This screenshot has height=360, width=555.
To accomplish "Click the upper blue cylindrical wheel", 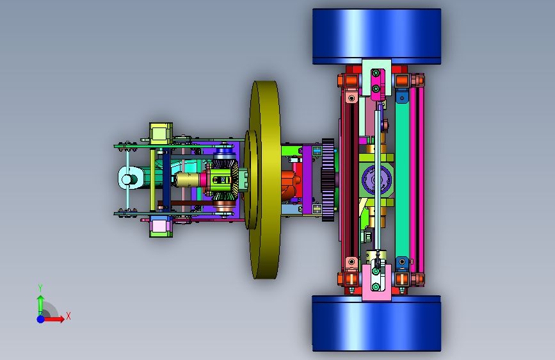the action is pyautogui.click(x=376, y=36).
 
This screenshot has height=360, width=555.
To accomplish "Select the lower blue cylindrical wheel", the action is pyautogui.click(x=376, y=323).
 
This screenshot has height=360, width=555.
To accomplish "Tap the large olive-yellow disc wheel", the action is pyautogui.click(x=265, y=179).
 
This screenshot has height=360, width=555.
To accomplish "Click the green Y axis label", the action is pyautogui.click(x=40, y=288).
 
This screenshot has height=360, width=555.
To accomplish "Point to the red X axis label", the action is pyautogui.click(x=68, y=316).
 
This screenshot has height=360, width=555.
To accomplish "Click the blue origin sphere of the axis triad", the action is pyautogui.click(x=41, y=319).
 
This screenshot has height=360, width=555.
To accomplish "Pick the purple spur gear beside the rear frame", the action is pyautogui.click(x=328, y=180).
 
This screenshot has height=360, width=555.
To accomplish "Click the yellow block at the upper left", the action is pyautogui.click(x=161, y=134).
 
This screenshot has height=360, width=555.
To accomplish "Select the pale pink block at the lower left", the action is pyautogui.click(x=161, y=226).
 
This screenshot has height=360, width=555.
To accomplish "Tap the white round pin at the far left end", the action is pyautogui.click(x=127, y=179).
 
